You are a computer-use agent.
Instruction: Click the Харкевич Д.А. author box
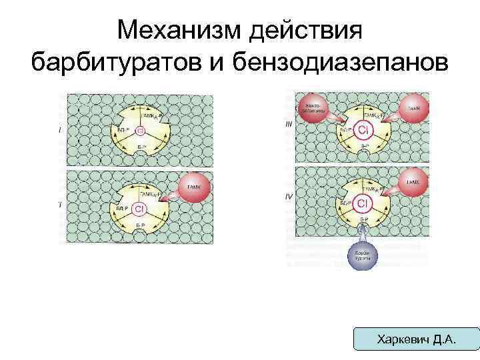(417, 339)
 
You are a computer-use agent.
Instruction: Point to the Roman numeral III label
(288, 124)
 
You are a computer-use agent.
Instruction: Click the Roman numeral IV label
(288, 197)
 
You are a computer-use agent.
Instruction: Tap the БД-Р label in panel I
(123, 128)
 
